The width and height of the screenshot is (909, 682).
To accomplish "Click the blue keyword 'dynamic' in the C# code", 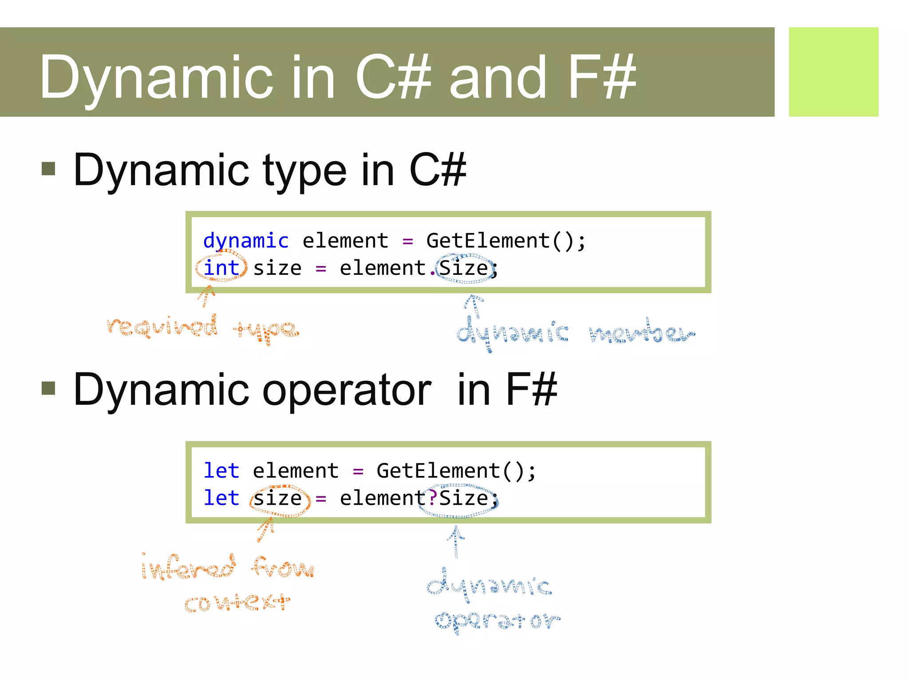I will pyautogui.click(x=245, y=241).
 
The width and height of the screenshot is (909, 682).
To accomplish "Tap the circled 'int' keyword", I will pyautogui.click(x=221, y=268).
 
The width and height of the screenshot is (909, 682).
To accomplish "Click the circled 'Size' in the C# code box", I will pyautogui.click(x=464, y=268).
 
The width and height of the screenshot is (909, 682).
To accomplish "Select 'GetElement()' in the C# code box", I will pyautogui.click(x=500, y=241).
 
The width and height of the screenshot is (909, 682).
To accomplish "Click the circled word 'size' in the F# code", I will pyautogui.click(x=278, y=499).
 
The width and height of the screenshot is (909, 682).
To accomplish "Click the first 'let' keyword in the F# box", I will pyautogui.click(x=221, y=471).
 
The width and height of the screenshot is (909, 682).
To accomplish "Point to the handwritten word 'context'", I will pyautogui.click(x=237, y=603).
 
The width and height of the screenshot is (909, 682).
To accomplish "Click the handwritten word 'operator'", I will pyautogui.click(x=497, y=621).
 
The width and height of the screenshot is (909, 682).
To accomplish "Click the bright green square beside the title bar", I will pyautogui.click(x=833, y=72).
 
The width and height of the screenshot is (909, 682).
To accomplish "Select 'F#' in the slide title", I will pyautogui.click(x=602, y=76).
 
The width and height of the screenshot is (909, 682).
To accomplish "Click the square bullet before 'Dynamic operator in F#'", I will pyautogui.click(x=48, y=388).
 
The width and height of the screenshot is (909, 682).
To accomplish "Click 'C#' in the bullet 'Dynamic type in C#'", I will pyautogui.click(x=437, y=170).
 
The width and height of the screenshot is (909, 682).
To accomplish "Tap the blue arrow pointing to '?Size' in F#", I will pyautogui.click(x=456, y=541).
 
